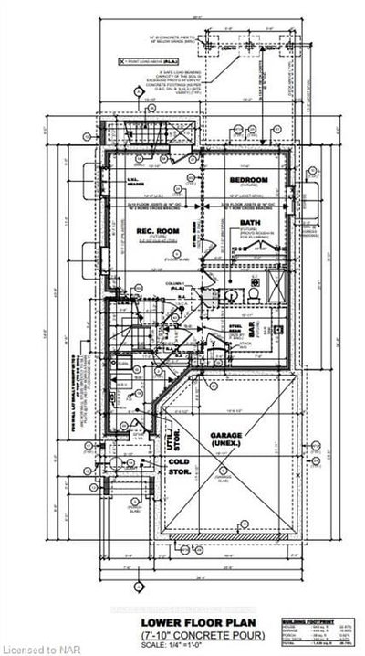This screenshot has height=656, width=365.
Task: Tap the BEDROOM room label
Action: click(x=248, y=180)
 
